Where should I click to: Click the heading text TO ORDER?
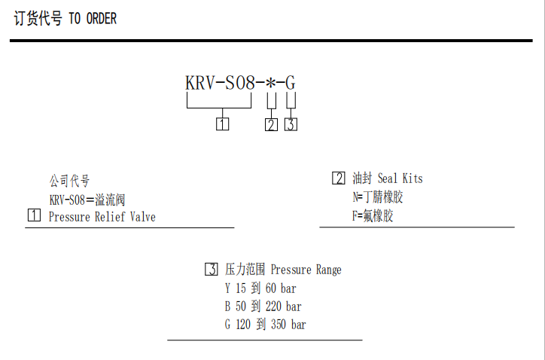(x=93, y=19)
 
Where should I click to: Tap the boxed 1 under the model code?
(x=223, y=124)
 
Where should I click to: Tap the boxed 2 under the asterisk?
(x=271, y=124)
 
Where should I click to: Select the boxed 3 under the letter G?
(x=291, y=124)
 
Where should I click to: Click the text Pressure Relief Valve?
(x=102, y=217)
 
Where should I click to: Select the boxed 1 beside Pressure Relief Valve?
(x=34, y=217)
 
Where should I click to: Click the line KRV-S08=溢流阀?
(x=86, y=200)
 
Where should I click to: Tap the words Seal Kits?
(x=400, y=178)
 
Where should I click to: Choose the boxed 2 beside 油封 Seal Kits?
(x=339, y=178)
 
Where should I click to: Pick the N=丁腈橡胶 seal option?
(x=378, y=197)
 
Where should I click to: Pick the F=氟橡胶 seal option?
(x=373, y=216)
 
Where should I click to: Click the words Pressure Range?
(x=306, y=270)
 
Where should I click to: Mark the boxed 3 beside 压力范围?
(x=212, y=270)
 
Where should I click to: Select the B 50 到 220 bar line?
(x=263, y=307)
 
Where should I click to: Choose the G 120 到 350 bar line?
(x=265, y=325)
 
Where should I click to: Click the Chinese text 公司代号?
(x=69, y=182)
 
